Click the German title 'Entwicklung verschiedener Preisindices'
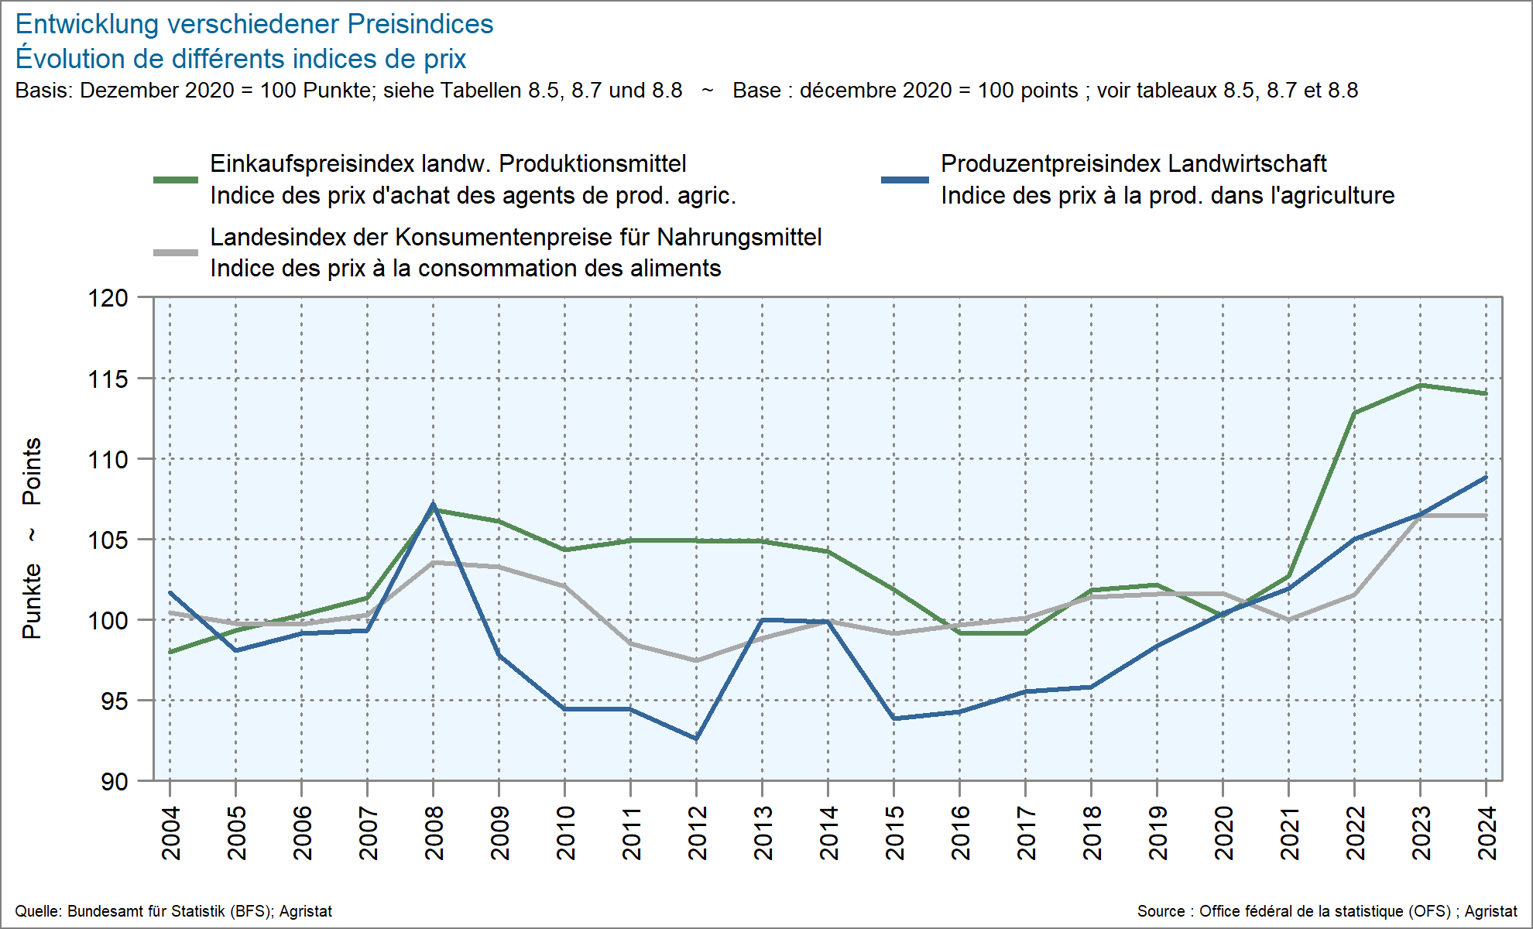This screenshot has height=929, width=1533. pyautogui.click(x=254, y=24)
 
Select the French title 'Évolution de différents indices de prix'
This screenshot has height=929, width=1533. pyautogui.click(x=241, y=59)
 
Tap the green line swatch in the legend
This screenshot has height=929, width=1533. pyautogui.click(x=176, y=180)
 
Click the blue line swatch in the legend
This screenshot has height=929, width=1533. pyautogui.click(x=904, y=180)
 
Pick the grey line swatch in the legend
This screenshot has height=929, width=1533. pyautogui.click(x=176, y=252)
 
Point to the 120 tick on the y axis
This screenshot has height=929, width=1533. pyautogui.click(x=108, y=298)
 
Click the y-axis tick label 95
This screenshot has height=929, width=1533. pyautogui.click(x=114, y=701)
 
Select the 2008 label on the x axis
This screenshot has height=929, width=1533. pyautogui.click(x=434, y=832)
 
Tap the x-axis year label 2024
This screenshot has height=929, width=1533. pyautogui.click(x=1487, y=832)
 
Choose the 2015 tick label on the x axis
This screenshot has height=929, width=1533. pyautogui.click(x=895, y=832)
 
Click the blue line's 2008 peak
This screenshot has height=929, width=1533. pyautogui.click(x=433, y=505)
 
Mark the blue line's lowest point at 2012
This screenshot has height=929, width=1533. pyautogui.click(x=696, y=739)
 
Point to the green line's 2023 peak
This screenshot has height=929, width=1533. pyautogui.click(x=1421, y=385)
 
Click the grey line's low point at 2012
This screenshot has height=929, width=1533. pyautogui.click(x=696, y=660)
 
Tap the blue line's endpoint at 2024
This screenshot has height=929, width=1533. pyautogui.click(x=1486, y=478)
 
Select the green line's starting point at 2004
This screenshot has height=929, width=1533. pyautogui.click(x=170, y=652)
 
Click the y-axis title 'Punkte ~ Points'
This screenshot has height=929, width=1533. pyautogui.click(x=32, y=538)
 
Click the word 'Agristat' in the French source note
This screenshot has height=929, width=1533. pyautogui.click(x=1490, y=911)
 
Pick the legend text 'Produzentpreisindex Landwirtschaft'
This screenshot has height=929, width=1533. pyautogui.click(x=1133, y=164)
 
